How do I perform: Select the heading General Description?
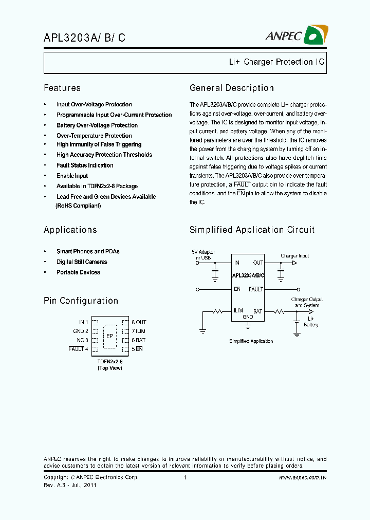pyautogui.click(x=231, y=88)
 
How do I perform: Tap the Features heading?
pyautogui.click(x=62, y=88)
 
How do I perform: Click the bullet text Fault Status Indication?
pyautogui.click(x=85, y=165)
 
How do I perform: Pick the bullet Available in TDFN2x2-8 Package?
pyautogui.click(x=97, y=186)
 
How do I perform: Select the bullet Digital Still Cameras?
pyautogui.click(x=82, y=262)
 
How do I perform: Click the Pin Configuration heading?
pyautogui.click(x=81, y=301)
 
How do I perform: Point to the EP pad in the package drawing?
pyautogui.click(x=109, y=336)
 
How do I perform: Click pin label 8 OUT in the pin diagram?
pyautogui.click(x=139, y=322)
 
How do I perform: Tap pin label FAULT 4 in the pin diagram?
pyautogui.click(x=79, y=349)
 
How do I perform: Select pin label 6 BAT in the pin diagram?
pyautogui.click(x=138, y=340)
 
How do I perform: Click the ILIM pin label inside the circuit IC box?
pyautogui.click(x=238, y=310)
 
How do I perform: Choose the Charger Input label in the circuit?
pyautogui.click(x=295, y=255)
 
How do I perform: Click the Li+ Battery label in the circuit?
pyautogui.click(x=311, y=322)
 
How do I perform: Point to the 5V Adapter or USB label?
pyautogui.click(x=203, y=255)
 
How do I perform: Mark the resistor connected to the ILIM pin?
pyautogui.click(x=217, y=311)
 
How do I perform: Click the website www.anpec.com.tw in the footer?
pyautogui.click(x=303, y=478)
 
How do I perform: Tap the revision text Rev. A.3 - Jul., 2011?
pyautogui.click(x=70, y=485)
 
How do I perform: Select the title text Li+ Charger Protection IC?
pyautogui.click(x=276, y=62)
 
